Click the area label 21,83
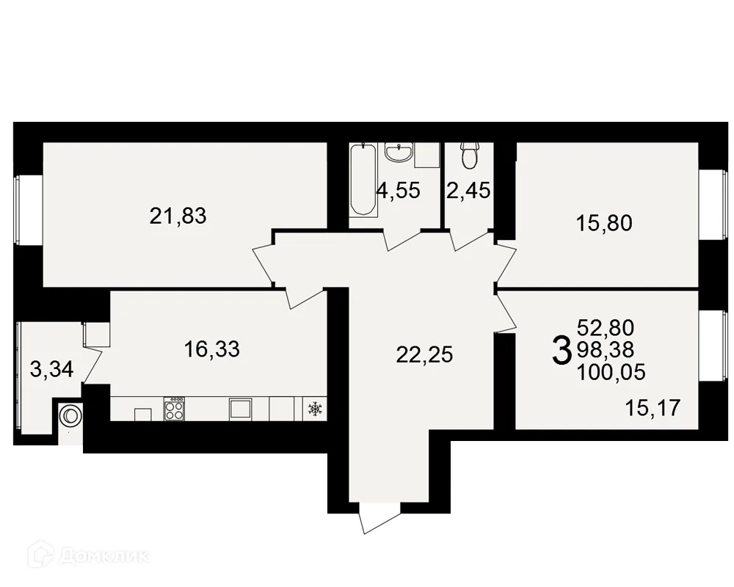pos(178,216)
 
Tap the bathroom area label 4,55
pos(399,191)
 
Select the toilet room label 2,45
pos(468,191)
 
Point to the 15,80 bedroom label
pos(604,223)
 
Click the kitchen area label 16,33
pos(212,349)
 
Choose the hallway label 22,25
pos(424,354)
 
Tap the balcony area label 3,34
pos(52,369)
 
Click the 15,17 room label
pos(653,408)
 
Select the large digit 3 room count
pos(562,351)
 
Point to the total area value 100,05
pos(611,373)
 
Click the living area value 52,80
pos(606,328)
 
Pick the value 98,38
pos(606,350)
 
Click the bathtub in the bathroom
pos(363,180)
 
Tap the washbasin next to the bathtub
pos(399,153)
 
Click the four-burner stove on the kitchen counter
pos(174,409)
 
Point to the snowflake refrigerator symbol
pos(315,409)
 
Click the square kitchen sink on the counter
pos(241,409)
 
